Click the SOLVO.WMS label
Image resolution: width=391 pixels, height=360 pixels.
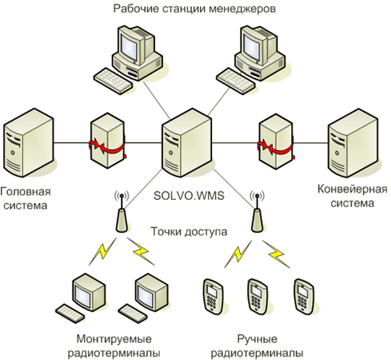click(189, 196)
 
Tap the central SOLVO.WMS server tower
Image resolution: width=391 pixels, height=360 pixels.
click(187, 143)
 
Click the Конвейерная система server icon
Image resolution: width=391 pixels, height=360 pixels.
click(353, 143)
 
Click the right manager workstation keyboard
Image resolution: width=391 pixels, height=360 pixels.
click(235, 81)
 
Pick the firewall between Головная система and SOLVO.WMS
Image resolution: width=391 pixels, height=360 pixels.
click(107, 141)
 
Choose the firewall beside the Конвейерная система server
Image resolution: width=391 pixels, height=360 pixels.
click(276, 141)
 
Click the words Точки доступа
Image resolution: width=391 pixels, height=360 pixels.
click(189, 232)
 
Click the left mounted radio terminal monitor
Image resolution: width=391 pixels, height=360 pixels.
click(88, 292)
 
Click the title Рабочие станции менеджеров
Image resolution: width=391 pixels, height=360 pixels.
click(195, 9)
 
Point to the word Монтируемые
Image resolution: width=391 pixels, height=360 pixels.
click(114, 339)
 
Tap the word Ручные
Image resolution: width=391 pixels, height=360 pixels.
click(257, 339)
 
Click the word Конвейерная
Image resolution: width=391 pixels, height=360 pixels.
click(353, 189)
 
